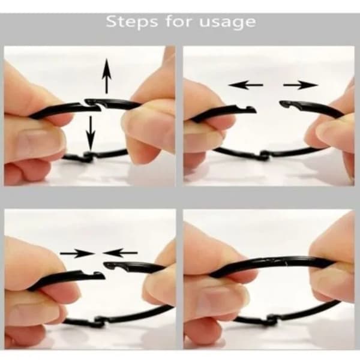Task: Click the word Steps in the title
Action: click(x=132, y=22)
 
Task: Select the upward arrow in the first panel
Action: click(x=107, y=76)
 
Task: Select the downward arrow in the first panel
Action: click(x=91, y=134)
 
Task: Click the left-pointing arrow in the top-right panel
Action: click(x=246, y=85)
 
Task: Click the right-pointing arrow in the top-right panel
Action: click(x=301, y=85)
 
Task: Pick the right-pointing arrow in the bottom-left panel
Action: click(x=77, y=253)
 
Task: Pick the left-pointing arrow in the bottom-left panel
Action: click(x=120, y=253)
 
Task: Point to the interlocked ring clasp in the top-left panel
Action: click(x=93, y=105)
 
